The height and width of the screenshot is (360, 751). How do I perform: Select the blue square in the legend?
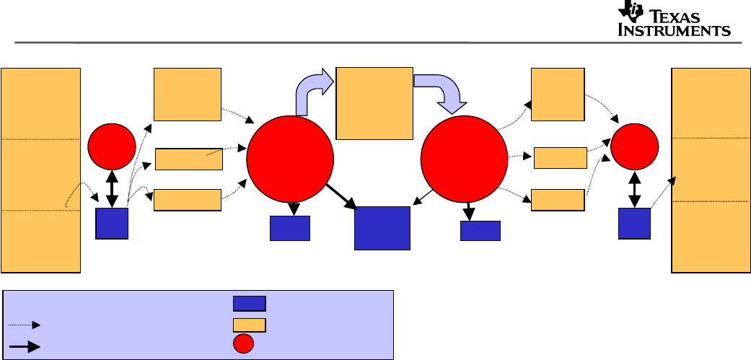click(249, 303)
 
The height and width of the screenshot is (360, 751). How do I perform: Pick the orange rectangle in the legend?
click(249, 325)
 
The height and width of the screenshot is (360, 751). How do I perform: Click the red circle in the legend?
click(244, 345)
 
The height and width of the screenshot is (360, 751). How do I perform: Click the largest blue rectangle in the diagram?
click(382, 228)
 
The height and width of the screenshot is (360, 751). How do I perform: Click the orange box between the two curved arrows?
click(374, 102)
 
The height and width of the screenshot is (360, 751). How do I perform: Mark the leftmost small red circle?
click(112, 144)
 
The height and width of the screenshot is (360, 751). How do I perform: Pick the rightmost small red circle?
click(634, 145)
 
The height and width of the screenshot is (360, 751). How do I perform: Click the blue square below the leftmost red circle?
click(112, 224)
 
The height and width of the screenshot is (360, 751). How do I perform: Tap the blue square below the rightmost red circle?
click(634, 224)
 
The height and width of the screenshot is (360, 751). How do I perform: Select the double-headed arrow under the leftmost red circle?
click(112, 187)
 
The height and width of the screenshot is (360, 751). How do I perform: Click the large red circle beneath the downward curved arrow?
click(465, 159)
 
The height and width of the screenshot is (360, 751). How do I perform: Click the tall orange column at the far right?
click(711, 170)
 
